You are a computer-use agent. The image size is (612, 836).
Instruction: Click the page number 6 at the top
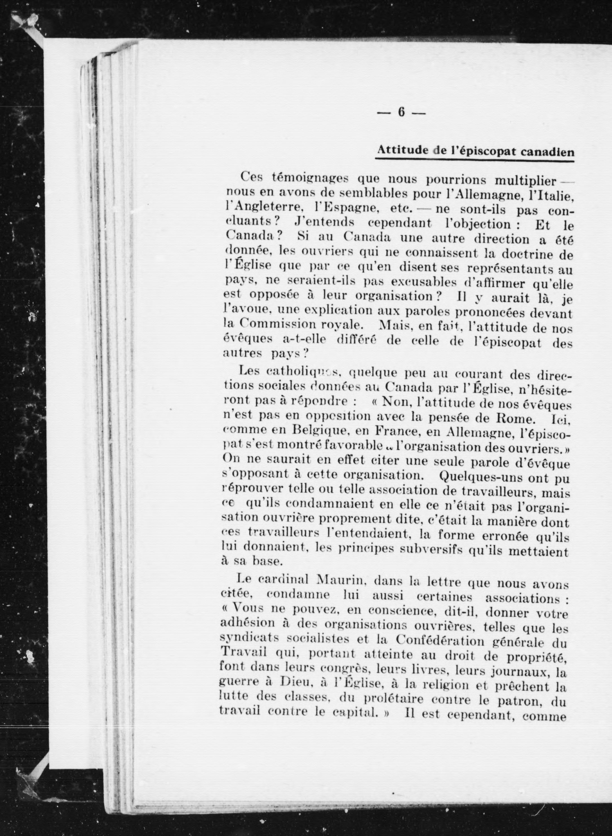401,112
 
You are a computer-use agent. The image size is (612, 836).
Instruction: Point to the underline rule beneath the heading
474,160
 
